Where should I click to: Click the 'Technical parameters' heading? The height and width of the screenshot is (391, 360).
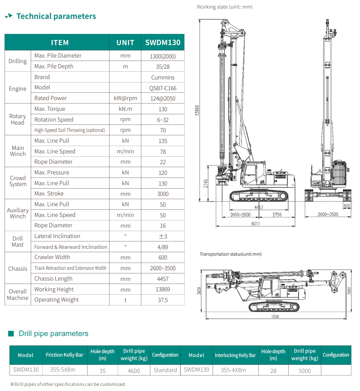[56, 16]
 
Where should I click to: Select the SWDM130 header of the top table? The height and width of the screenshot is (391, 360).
[163, 43]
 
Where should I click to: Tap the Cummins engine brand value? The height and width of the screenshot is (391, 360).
[163, 77]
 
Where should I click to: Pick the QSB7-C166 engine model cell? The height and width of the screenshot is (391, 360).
[163, 88]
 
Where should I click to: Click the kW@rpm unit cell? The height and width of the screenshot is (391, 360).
[125, 98]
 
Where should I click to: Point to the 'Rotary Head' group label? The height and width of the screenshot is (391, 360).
[18, 119]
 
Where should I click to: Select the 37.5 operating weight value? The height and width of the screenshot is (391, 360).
[163, 300]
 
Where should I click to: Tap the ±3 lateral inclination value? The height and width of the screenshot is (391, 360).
[163, 236]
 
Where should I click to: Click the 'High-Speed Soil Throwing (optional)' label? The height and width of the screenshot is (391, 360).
[70, 130]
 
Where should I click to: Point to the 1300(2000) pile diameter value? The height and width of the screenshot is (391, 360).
[163, 56]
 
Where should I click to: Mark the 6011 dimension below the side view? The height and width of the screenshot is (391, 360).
[256, 224]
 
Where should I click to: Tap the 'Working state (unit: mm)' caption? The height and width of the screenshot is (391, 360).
[225, 7]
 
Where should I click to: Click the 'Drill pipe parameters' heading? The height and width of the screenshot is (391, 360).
[54, 334]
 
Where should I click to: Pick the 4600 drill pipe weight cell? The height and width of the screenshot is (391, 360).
[134, 370]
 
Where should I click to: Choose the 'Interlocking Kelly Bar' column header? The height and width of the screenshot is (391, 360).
[235, 355]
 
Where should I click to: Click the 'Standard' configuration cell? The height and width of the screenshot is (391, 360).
[165, 370]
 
